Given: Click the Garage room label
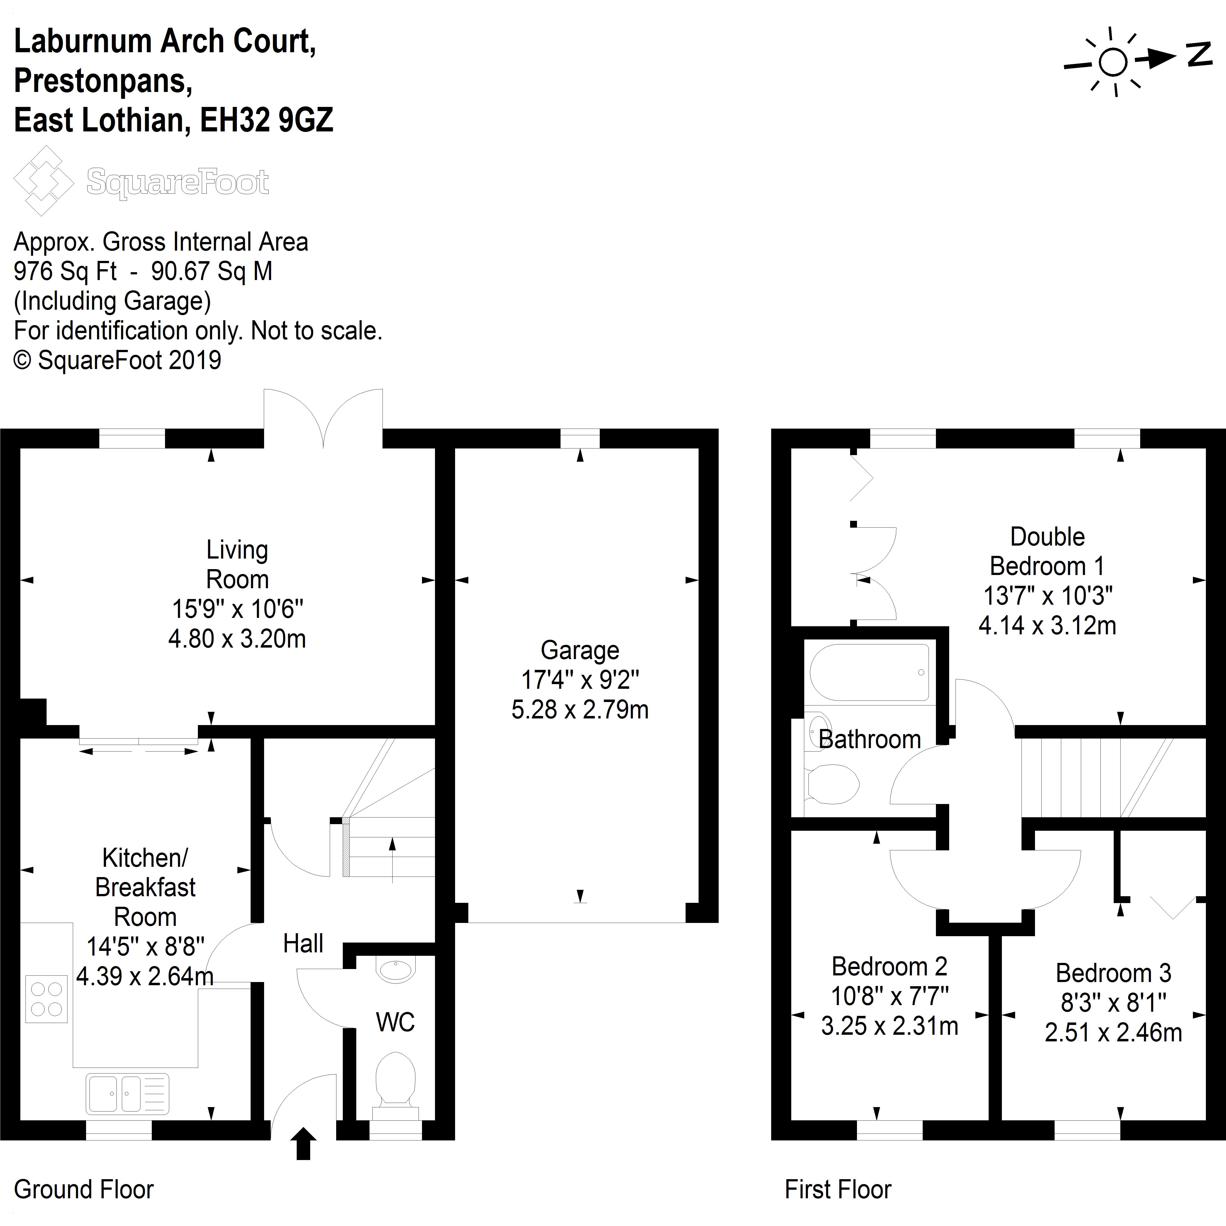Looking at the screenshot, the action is tap(579, 651).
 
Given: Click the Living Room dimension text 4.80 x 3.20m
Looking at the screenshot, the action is tap(237, 639).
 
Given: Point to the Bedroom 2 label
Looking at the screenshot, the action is tap(889, 967).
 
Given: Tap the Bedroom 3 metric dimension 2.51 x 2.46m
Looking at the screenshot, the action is tap(1113, 1033).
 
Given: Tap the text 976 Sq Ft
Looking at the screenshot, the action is tap(65, 272).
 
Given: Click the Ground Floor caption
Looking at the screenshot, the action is tap(84, 1189).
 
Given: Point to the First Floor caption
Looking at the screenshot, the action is tap(838, 1189).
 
